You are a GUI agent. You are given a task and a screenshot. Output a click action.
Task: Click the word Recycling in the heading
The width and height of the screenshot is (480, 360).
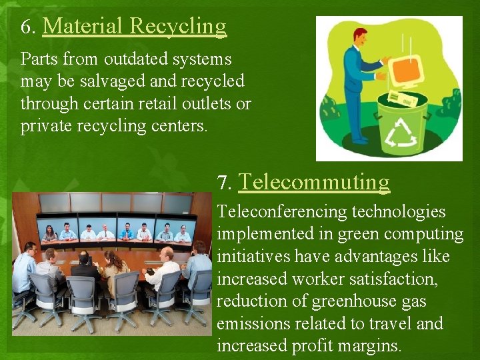pos(178,27)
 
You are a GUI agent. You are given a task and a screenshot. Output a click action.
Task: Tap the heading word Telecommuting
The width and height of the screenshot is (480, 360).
pos(314,181)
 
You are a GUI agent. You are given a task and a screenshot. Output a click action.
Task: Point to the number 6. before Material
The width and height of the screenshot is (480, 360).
pos(28,27)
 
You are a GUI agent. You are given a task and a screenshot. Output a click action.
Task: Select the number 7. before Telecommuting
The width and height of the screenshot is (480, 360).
pos(225,183)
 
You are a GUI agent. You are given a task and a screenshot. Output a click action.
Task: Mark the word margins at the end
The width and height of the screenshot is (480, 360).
pos(369,347)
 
